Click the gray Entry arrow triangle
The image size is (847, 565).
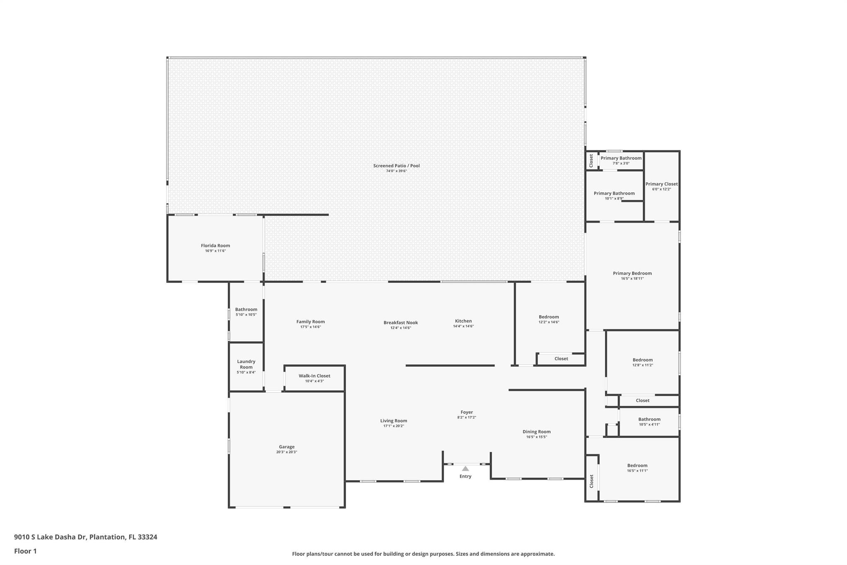[x=465, y=469]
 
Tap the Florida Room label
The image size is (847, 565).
[x=215, y=245]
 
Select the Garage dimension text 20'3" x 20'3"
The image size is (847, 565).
[x=287, y=452]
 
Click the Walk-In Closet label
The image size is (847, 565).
[x=314, y=376]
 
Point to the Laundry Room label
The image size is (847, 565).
[x=246, y=364]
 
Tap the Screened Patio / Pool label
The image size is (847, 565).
[x=396, y=166]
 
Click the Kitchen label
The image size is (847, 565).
[x=463, y=321]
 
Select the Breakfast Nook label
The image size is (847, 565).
[x=400, y=322]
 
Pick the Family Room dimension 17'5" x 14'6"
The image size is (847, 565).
[x=311, y=327]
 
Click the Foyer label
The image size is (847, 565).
[x=467, y=412]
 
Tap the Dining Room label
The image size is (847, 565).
[x=536, y=432]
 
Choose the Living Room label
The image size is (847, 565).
[x=394, y=421]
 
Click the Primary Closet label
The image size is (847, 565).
[x=662, y=184]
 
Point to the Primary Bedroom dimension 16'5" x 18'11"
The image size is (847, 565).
[x=632, y=279]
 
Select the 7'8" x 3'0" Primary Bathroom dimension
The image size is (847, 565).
[x=621, y=163]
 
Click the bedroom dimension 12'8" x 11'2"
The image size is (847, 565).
[x=643, y=365]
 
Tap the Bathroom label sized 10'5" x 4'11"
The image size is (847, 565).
[x=649, y=419]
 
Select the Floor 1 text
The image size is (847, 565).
[x=25, y=551]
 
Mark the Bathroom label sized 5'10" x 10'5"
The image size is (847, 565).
[x=246, y=309]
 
